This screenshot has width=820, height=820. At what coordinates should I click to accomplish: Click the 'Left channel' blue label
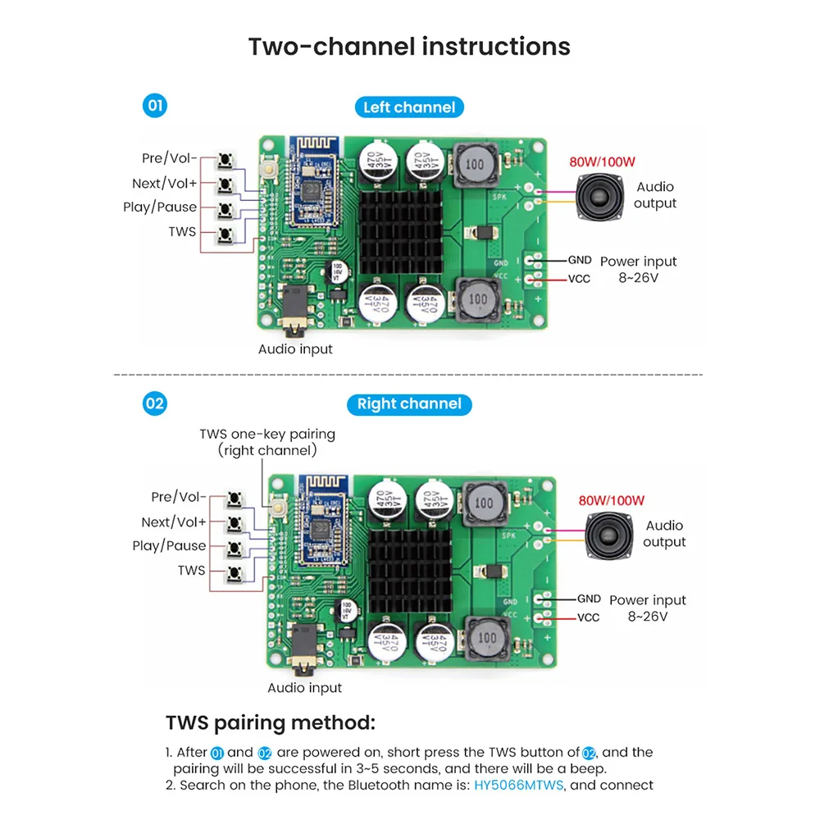pos(409,107)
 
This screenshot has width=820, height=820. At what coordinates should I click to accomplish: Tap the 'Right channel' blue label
pos(409,404)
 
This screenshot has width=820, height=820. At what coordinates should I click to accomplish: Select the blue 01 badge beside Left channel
pos(154,106)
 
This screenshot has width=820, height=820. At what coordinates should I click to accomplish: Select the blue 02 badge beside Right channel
pos(154,403)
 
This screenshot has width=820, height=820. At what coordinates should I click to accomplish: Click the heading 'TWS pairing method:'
pos(271,723)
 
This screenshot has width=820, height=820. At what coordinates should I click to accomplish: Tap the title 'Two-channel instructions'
pos(409,46)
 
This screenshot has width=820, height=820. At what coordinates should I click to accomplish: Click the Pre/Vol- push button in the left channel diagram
pos(225,159)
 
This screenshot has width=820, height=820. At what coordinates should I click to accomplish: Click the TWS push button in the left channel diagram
pos(225,235)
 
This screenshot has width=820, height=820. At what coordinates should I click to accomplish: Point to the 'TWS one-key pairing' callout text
pos(267,434)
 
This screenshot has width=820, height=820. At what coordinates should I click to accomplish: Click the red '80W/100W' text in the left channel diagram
pos(602,162)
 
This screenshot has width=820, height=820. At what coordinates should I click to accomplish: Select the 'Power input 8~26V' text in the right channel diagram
pos(647,608)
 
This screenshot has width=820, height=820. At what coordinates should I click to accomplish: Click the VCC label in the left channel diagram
pos(579,279)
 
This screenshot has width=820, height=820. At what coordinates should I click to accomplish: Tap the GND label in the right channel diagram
pos(589,599)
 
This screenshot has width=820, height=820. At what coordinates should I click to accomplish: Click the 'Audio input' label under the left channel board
pos(295,349)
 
